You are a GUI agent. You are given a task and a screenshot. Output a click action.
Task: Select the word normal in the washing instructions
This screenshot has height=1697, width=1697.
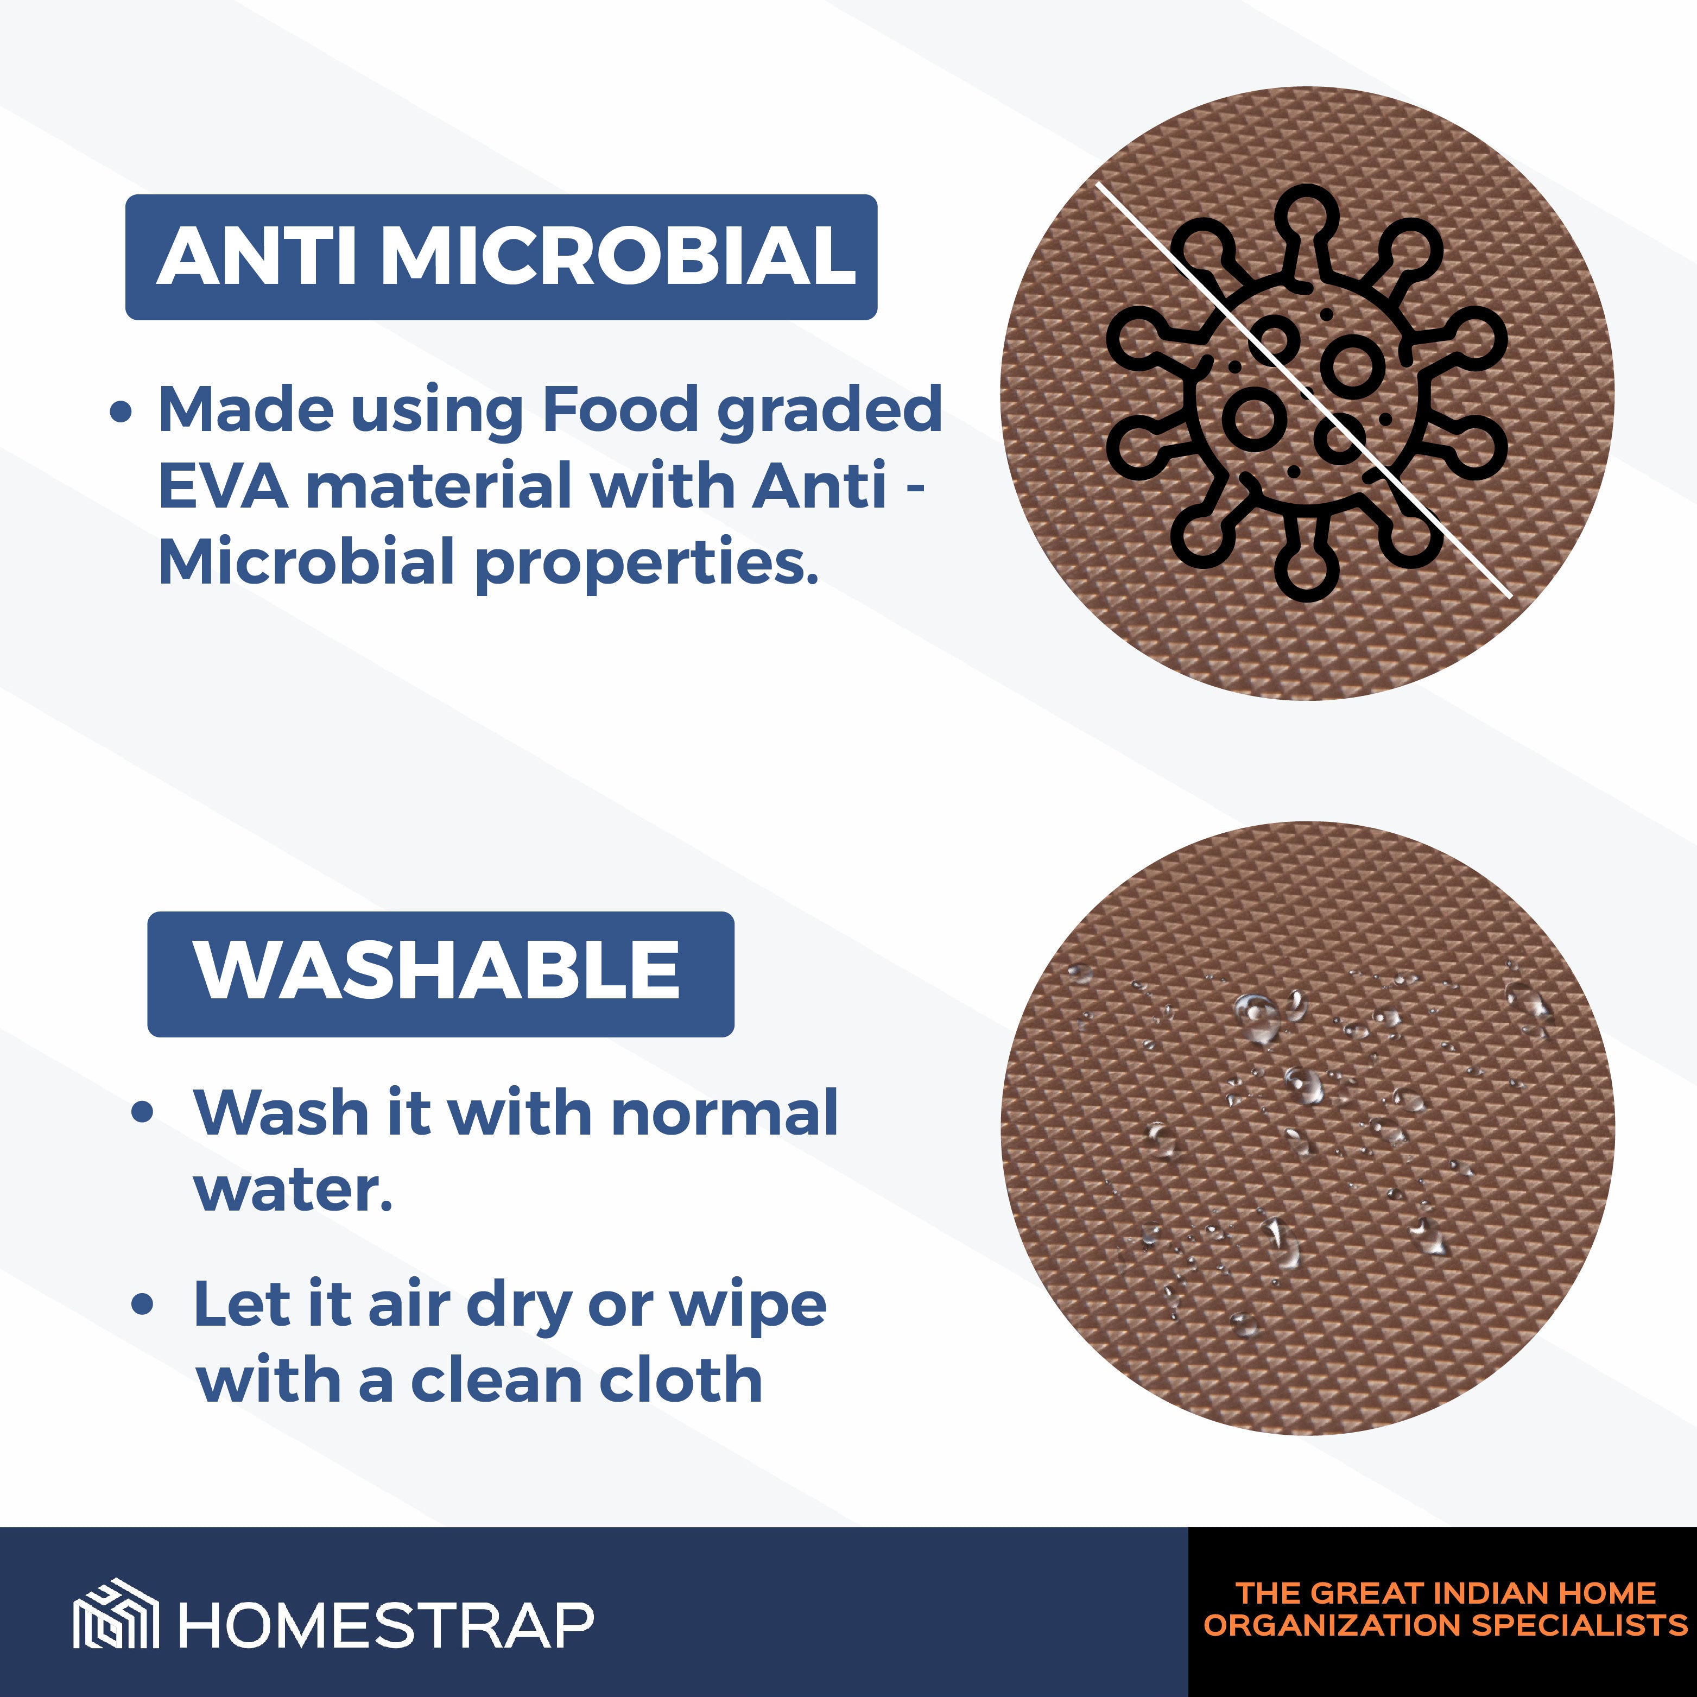tap(724, 1113)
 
